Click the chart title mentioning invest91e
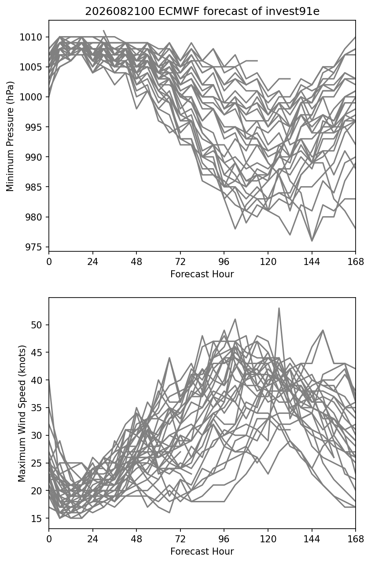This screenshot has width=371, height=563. (202, 11)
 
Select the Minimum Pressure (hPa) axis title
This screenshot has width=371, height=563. (10, 136)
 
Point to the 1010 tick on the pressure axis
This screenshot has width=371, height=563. (31, 37)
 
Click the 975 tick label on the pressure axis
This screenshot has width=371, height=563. (33, 247)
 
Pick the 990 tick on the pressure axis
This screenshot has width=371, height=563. (33, 157)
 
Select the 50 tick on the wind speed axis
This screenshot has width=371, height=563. (36, 325)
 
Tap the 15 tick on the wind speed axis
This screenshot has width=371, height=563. (36, 519)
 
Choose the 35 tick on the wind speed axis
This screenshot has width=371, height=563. (36, 408)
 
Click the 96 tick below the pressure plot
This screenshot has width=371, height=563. (224, 262)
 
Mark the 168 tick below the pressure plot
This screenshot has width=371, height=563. (356, 262)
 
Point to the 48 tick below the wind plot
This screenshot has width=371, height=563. (136, 539)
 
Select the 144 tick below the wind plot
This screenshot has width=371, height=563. (312, 539)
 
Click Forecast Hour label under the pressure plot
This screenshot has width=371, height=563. (202, 274)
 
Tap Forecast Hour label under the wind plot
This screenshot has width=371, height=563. (202, 552)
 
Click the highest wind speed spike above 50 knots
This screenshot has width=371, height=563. (279, 308)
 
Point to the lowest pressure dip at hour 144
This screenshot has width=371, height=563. (312, 241)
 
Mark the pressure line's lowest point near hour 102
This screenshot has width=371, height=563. (235, 229)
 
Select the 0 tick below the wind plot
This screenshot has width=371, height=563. (49, 539)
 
